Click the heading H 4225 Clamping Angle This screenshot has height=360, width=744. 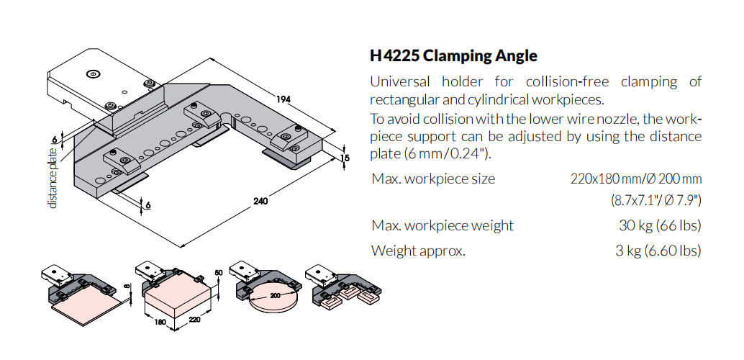point(453,55)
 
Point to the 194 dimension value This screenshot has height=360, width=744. point(283,100)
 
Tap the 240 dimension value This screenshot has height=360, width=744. point(260,201)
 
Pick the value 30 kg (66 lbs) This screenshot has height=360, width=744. point(660,225)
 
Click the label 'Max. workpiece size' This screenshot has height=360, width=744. point(433,179)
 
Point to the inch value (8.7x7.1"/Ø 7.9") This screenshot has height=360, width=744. point(656,199)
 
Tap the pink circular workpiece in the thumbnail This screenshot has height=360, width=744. point(268,305)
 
